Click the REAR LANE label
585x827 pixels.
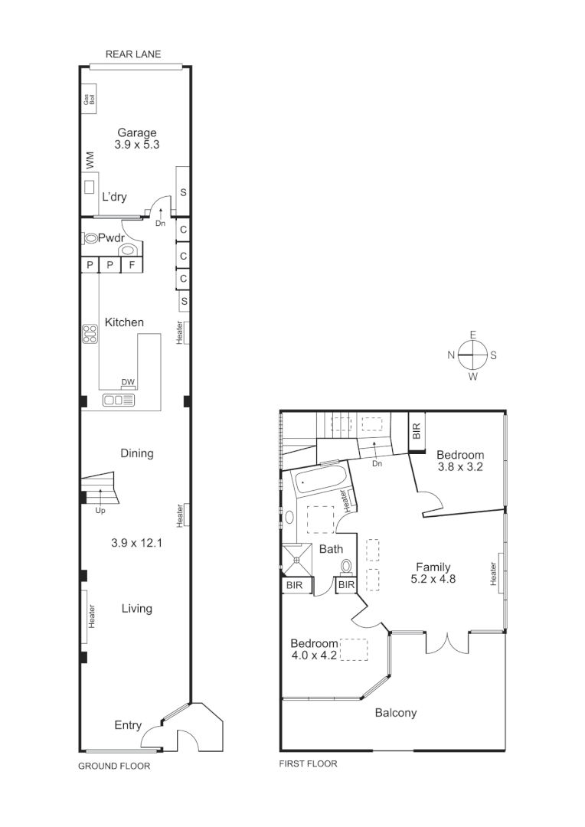tap(133, 54)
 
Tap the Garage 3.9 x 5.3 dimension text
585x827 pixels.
tap(136, 144)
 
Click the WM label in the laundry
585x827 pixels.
tap(90, 160)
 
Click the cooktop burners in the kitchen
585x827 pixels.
tap(90, 334)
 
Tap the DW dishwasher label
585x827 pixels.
tap(128, 383)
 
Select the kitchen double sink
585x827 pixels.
tap(119, 400)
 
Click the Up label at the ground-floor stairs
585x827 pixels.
tap(100, 510)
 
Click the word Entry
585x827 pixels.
tap(128, 725)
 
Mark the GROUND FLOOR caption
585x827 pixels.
tap(114, 766)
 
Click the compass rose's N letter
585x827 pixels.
tap(452, 355)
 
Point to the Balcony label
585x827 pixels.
tap(396, 713)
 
